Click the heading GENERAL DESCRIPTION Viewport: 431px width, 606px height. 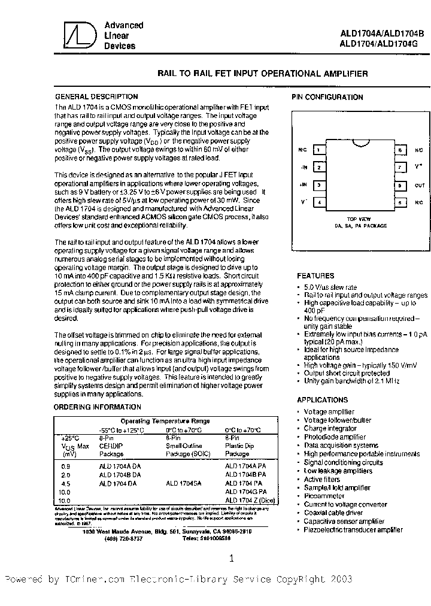pyautogui.click(x=96, y=96)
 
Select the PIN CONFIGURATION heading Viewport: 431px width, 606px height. pyautogui.click(x=327, y=97)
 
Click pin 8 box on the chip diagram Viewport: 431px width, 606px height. pyautogui.click(x=398, y=150)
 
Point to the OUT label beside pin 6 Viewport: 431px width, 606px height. pyautogui.click(x=419, y=186)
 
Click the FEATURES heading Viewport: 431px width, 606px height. pyautogui.click(x=315, y=276)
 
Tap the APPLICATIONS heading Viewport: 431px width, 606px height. pyautogui.click(x=322, y=399)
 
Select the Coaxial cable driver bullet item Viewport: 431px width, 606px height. pyautogui.click(x=334, y=513)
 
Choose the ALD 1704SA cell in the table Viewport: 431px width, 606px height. pyautogui.click(x=183, y=483)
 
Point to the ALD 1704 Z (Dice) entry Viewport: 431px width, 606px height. pyautogui.click(x=251, y=499)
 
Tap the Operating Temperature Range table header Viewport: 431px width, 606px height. pyautogui.click(x=163, y=422)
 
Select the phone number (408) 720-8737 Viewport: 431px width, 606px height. pyautogui.click(x=124, y=538)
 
